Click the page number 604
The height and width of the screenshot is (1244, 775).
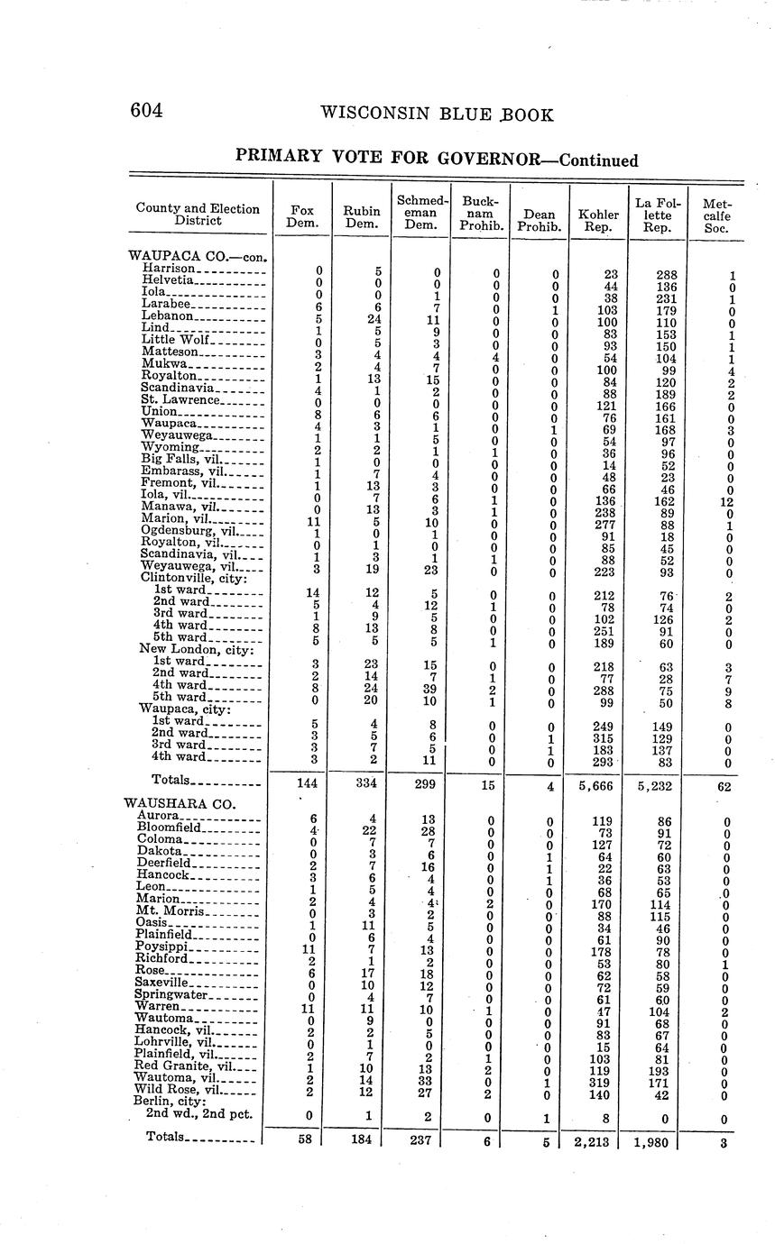(146, 111)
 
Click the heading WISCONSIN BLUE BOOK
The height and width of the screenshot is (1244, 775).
(437, 115)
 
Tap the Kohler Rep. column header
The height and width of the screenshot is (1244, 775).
(598, 221)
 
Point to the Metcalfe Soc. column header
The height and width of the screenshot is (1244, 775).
(716, 215)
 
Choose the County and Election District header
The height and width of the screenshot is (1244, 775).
(198, 214)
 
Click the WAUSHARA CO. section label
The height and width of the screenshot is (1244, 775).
(180, 803)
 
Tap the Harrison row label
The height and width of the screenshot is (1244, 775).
(169, 269)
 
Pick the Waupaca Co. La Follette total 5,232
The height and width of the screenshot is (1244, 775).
(656, 785)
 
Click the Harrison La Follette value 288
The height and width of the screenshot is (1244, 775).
(659, 274)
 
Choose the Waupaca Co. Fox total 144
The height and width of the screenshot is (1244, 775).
(307, 784)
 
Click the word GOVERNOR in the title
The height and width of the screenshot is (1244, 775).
(488, 159)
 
